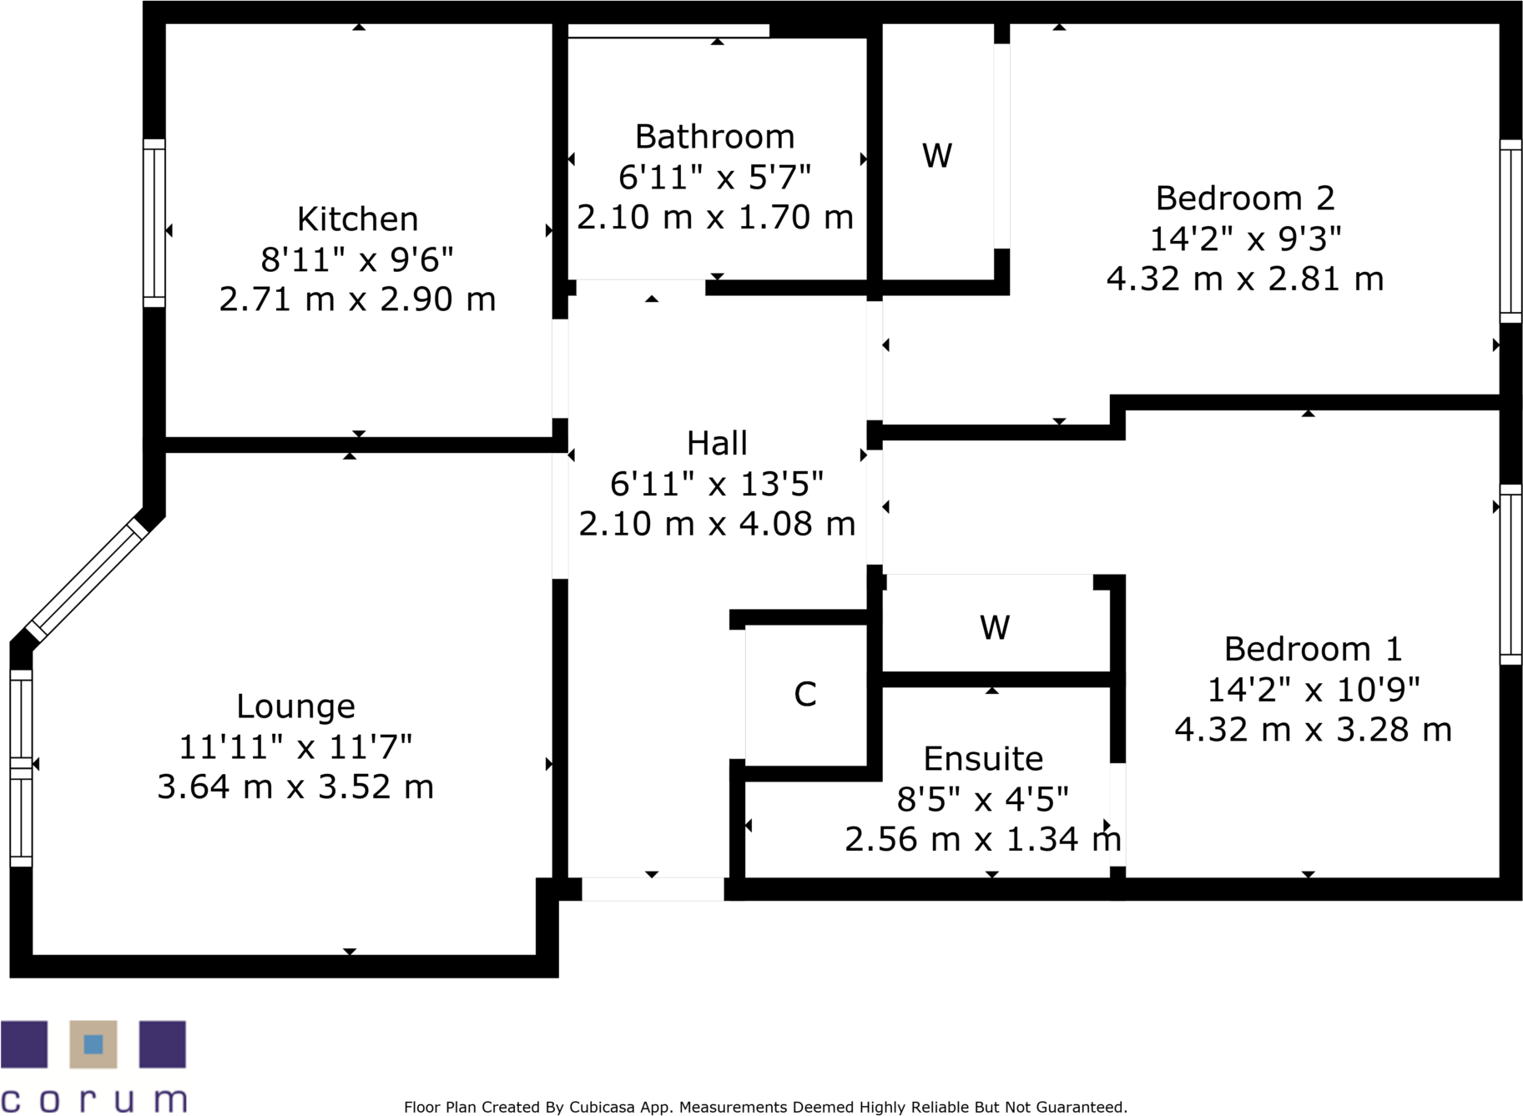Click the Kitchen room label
pos(357,219)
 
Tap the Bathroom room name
pos(714,137)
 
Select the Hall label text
pos(717,444)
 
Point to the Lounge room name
pos(295,706)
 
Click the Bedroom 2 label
pos(1245,199)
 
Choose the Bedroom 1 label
pos(1313,649)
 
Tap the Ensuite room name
pos(983,759)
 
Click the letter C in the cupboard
pos(805,694)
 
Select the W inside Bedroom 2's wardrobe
pos(937,156)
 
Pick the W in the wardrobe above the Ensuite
pos(995,627)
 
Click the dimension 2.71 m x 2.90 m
pos(357,299)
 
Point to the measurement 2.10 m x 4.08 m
pos(717,524)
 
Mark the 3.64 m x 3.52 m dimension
pos(295,787)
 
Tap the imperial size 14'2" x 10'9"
pos(1313,690)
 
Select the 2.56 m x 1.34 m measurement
pos(983,839)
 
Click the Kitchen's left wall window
pos(154,223)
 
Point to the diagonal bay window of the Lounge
pos(86,580)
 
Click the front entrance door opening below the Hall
pos(653,889)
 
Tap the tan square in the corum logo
pos(93,1044)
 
